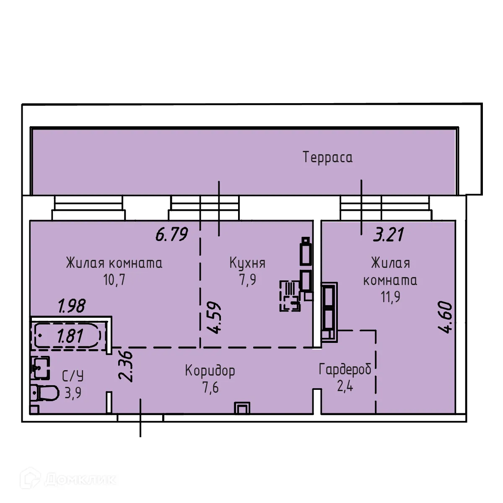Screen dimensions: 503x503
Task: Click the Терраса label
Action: (x=327, y=158)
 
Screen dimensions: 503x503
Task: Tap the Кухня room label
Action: (x=247, y=263)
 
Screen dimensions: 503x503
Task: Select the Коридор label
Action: (x=210, y=371)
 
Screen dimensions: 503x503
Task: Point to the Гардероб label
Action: (x=345, y=370)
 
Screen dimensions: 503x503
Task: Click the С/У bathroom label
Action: (x=73, y=376)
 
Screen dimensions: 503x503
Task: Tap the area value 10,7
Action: (x=114, y=280)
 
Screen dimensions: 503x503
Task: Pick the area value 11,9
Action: (x=390, y=297)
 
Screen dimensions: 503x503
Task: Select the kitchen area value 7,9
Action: (x=247, y=280)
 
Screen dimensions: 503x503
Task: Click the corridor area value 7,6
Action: (x=210, y=388)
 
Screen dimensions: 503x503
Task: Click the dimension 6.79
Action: (x=171, y=234)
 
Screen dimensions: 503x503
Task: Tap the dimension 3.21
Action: (x=389, y=234)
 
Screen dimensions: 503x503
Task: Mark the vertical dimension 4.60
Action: (x=446, y=317)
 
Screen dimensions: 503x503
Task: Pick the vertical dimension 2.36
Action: (x=126, y=366)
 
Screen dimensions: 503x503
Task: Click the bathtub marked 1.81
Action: (x=67, y=336)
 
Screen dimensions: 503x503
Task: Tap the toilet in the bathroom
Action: (x=45, y=393)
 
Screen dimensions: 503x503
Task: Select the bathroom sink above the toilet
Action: (x=41, y=367)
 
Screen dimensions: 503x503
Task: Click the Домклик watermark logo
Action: (x=71, y=479)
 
